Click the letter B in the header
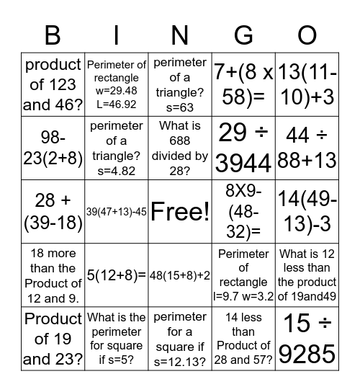coord(53,35)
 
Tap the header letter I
coord(117,35)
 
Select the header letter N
coord(180,35)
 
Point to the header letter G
coord(243,35)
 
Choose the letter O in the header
coord(307,35)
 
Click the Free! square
coord(180,211)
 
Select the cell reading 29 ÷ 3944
coord(243,148)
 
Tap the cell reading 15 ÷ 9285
coord(307,338)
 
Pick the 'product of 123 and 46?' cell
coord(53,84)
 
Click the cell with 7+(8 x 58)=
coord(243,84)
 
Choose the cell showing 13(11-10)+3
coord(307,84)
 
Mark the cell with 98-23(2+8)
coord(53,148)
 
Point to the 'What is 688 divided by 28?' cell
coord(180,148)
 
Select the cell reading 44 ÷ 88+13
coord(307,148)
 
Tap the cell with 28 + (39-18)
coord(53,211)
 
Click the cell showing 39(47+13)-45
coord(117,211)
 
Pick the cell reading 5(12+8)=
coord(117,275)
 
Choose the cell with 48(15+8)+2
coord(180,275)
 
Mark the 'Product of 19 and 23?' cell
coord(53,338)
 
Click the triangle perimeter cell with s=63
coord(180,84)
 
